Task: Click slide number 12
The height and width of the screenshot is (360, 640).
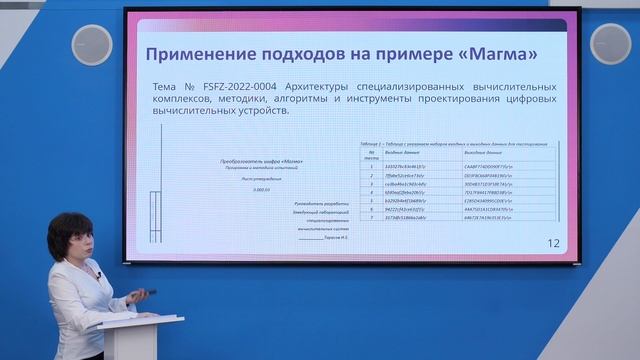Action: (x=553, y=243)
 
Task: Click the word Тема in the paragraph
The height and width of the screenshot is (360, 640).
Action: (x=165, y=87)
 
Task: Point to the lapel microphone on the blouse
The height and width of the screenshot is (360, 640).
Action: (x=98, y=273)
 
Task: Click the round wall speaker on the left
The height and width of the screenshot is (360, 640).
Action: (x=92, y=45)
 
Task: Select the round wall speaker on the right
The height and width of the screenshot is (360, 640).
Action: (x=610, y=44)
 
